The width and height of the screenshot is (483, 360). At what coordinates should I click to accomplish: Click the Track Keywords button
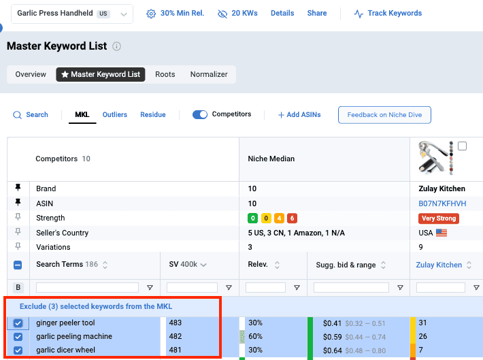coord(388,14)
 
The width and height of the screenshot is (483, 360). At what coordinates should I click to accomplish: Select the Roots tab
coord(165,74)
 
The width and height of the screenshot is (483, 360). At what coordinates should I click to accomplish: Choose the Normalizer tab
coord(209,74)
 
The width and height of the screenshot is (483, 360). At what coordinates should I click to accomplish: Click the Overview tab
coord(31,74)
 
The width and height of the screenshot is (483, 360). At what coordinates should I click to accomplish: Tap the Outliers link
coord(115,115)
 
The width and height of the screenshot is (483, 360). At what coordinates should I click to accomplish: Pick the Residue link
coord(153,115)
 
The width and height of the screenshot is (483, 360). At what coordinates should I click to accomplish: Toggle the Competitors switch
coord(200,115)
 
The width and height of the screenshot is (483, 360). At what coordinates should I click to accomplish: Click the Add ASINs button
coord(299,115)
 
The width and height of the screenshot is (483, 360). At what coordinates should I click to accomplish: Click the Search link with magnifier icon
coord(31,115)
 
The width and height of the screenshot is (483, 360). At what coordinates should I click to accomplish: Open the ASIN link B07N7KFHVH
coord(442,203)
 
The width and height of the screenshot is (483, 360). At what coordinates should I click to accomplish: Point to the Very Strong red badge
coord(438,218)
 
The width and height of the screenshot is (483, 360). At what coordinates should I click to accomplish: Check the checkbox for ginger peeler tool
coord(18,323)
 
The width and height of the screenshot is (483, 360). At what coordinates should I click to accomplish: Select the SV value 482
coord(176,337)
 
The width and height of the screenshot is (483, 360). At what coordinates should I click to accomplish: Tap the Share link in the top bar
coord(317,14)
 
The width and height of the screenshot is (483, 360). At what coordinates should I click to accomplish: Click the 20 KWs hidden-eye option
coord(238,14)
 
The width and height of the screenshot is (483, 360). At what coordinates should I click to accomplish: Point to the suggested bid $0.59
coord(331,337)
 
